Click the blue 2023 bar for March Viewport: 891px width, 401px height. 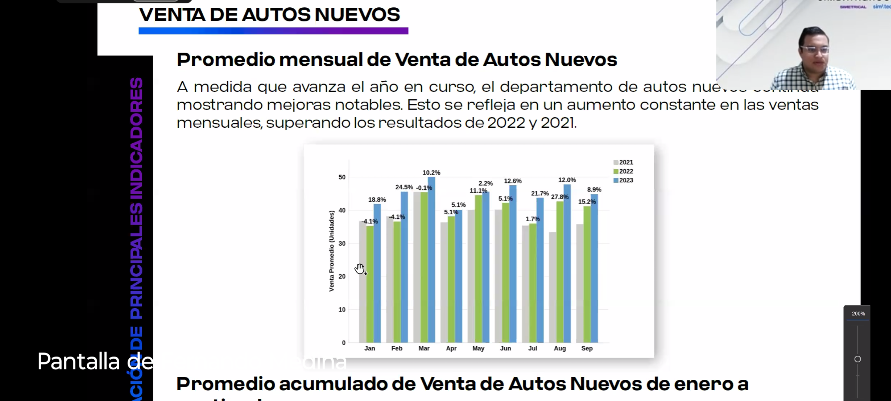(x=431, y=260)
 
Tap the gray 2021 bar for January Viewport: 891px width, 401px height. (x=362, y=282)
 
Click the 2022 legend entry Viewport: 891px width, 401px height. (x=623, y=171)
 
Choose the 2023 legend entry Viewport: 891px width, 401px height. (x=623, y=180)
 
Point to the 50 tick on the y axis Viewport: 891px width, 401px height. (x=342, y=177)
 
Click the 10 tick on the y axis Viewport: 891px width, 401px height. (x=342, y=309)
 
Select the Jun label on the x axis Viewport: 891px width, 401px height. (x=505, y=348)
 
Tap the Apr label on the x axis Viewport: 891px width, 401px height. (x=451, y=348)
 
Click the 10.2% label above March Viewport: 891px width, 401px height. (x=431, y=173)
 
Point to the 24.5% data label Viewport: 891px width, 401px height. (x=404, y=187)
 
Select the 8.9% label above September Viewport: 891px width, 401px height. (x=594, y=189)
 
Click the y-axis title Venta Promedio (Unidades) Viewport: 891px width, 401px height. (x=332, y=251)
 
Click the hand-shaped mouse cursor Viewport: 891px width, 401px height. (x=359, y=268)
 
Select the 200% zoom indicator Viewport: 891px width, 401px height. (x=858, y=314)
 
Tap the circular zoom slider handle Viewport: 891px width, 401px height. (x=858, y=359)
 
